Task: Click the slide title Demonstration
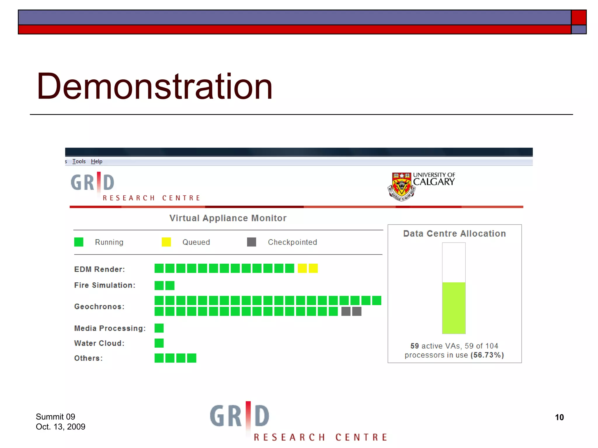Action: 154,87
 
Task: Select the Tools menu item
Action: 79,161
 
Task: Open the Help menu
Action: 97,161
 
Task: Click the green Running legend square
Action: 79,242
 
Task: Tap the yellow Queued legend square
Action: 166,242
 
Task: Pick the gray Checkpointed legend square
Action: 251,242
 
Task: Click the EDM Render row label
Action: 99,269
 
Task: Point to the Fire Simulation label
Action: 105,285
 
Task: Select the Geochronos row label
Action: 99,307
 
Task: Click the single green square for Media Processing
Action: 159,328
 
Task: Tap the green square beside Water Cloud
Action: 159,343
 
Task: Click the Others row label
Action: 88,358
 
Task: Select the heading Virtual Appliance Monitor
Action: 228,218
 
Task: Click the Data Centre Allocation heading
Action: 454,234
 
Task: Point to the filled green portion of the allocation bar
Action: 454,308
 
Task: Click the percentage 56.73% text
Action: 487,355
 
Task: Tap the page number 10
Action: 559,417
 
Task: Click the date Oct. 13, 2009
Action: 60,427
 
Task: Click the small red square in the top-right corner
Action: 579,17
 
